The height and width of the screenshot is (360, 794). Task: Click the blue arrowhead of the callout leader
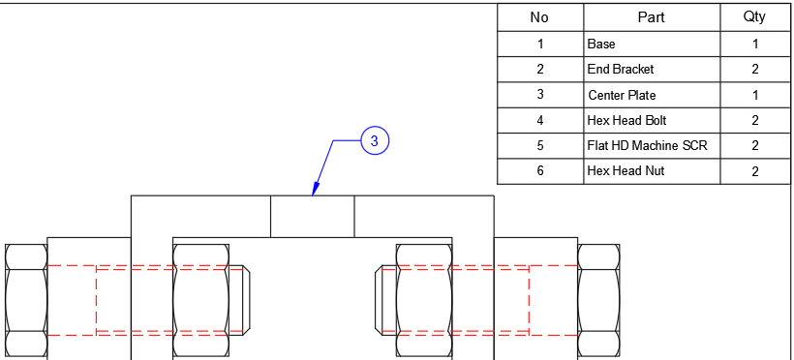coord(314,191)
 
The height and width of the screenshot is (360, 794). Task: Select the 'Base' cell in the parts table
coord(601,44)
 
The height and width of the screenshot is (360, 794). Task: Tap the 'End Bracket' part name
coord(621,70)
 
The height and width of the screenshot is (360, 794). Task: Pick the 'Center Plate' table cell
coord(622,95)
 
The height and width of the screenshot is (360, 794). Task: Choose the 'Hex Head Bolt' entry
coord(626,120)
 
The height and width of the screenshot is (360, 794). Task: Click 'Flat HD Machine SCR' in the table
coord(647,145)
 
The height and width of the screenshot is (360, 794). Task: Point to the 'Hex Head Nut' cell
coord(625,170)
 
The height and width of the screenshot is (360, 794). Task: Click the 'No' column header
coord(539,17)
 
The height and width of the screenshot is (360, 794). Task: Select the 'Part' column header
coord(651,17)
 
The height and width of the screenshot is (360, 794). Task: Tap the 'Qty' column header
coord(754,17)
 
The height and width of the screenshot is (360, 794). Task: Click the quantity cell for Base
coord(754,44)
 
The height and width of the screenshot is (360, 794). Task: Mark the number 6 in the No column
coord(539,170)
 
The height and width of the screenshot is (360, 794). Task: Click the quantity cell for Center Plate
coord(754,95)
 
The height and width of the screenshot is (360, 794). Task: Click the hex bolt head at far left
coord(26,300)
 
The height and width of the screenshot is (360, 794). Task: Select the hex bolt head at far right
coord(598,300)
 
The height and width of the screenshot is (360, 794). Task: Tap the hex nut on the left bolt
coord(200,300)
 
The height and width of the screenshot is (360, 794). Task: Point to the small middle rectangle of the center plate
coord(312,217)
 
